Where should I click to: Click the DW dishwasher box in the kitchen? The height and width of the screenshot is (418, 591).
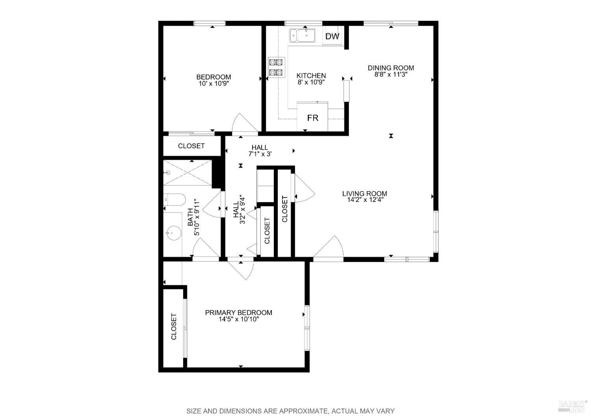point(332,37)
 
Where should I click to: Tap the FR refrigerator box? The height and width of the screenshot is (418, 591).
point(312,118)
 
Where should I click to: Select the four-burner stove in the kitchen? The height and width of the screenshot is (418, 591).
point(276,67)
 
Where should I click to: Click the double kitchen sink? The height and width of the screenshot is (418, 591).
point(302,35)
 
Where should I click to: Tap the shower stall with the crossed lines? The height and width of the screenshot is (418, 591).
point(188,173)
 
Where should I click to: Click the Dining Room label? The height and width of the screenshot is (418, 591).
point(391,68)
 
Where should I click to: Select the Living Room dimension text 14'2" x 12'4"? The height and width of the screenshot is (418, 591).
point(364,200)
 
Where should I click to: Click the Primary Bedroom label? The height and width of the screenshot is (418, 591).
point(238,313)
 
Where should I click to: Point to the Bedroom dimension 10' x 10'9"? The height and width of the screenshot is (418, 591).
point(214,84)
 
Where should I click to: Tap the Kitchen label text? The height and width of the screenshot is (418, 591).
point(311,76)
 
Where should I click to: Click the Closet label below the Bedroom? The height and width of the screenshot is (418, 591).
point(191,146)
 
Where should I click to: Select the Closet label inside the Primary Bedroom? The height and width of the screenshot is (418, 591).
point(174,327)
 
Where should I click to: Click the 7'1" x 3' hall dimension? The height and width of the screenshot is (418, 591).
point(260,154)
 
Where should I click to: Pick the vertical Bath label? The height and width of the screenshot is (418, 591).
point(190,217)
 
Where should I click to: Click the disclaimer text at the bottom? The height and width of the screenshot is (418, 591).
point(290,411)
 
